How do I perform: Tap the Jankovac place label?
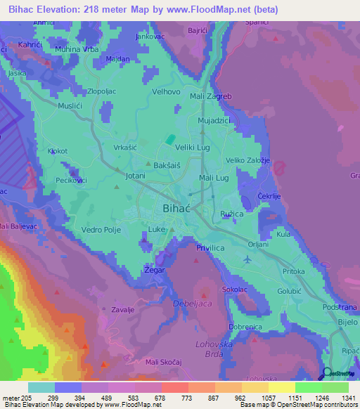pos(149,35)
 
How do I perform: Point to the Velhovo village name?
pos(167,91)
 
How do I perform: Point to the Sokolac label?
pos(235,289)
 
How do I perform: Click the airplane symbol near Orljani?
pos(246,259)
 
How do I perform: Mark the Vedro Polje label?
pos(102,230)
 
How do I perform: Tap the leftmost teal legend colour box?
pos(41,387)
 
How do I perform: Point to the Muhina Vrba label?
pos(77,49)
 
